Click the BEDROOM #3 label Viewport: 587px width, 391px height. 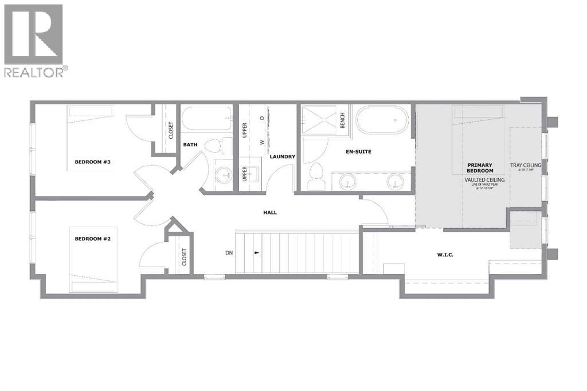(92, 162)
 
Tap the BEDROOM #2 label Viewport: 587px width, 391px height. (92, 238)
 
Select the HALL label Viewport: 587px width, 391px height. (269, 212)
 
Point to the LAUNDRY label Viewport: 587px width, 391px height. (282, 157)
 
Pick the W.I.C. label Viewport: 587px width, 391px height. (444, 254)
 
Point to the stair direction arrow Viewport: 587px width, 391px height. (256, 252)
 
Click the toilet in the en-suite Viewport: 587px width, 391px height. (315, 175)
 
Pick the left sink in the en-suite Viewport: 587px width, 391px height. (346, 182)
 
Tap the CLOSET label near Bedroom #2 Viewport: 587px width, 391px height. (184, 256)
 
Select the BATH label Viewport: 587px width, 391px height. (190, 144)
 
